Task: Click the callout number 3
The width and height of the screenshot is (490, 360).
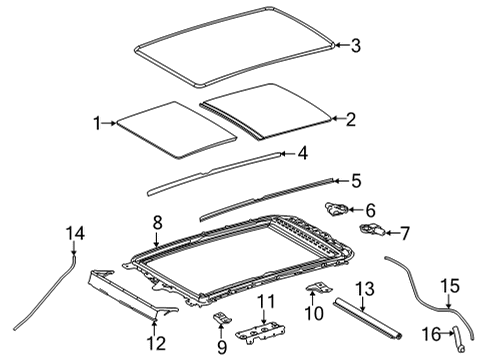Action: click(x=356, y=45)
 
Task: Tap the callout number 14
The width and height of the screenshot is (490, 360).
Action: click(x=75, y=233)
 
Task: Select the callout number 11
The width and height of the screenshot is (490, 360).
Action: click(x=266, y=301)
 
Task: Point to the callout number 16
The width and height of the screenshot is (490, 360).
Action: click(x=431, y=334)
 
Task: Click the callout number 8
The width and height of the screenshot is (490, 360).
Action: click(x=158, y=222)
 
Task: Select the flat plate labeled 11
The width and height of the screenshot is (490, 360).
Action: click(x=261, y=332)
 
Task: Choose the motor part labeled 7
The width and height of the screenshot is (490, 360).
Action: click(x=373, y=229)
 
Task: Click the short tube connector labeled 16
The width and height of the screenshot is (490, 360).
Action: click(x=458, y=339)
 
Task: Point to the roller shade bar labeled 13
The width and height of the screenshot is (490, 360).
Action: click(x=368, y=319)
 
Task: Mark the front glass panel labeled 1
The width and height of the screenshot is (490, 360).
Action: click(x=177, y=129)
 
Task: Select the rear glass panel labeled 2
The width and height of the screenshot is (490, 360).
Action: click(x=266, y=110)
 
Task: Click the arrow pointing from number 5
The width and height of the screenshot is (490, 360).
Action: click(x=340, y=181)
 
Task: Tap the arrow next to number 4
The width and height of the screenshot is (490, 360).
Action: click(x=287, y=154)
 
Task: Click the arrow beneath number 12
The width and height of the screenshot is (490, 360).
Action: click(x=154, y=327)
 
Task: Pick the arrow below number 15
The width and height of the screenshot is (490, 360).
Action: click(x=449, y=302)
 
